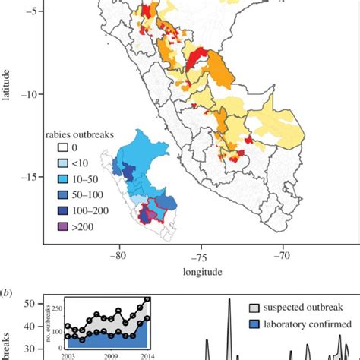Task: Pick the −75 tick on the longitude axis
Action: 201,256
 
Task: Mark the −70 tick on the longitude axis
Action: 283,256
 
